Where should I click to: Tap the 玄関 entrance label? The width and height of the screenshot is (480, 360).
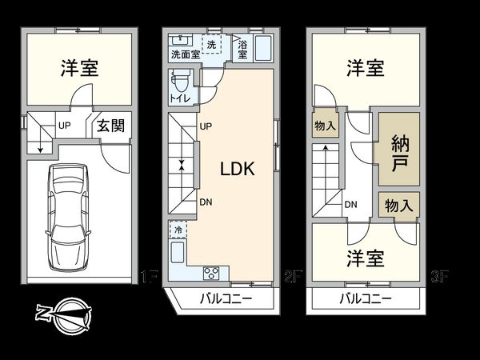pos(110,126)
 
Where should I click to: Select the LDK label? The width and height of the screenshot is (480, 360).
pos(237,170)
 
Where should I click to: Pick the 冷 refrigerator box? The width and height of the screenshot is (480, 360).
pos(177,230)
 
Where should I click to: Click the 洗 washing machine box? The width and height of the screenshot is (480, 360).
pos(212,44)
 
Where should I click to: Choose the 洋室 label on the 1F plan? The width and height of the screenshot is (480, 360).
pos(79,68)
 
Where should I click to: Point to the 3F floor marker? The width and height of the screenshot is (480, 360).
pos(439,278)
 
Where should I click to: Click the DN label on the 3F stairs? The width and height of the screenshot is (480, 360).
pos(350,204)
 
